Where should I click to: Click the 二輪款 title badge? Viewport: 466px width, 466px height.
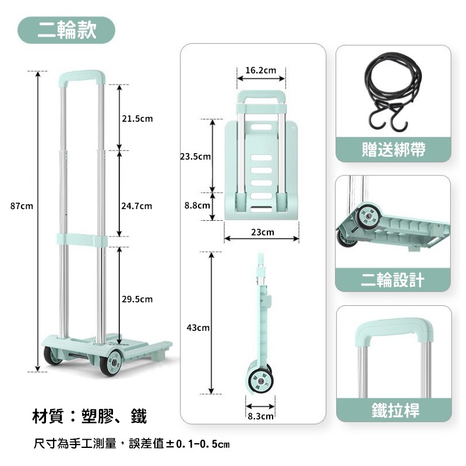tap(66, 30)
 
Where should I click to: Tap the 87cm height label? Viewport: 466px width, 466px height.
tap(22, 206)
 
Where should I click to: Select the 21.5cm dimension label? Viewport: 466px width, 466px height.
tap(137, 119)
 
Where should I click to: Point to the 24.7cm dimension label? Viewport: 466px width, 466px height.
tap(137, 206)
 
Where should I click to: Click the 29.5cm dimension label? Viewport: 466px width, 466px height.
tap(137, 299)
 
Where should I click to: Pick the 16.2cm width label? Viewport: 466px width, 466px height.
tap(260, 70)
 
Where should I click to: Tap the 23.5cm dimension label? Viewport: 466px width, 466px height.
tap(195, 157)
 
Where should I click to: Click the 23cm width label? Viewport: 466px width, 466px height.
tap(262, 232)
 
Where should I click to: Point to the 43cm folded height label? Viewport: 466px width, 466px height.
tap(198, 329)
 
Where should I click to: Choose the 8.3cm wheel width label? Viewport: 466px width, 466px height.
tap(260, 416)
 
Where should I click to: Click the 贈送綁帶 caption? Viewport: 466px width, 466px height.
tap(393, 150)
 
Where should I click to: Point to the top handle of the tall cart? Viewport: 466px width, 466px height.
tap(82, 76)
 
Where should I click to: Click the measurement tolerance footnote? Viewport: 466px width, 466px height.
tap(132, 444)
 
